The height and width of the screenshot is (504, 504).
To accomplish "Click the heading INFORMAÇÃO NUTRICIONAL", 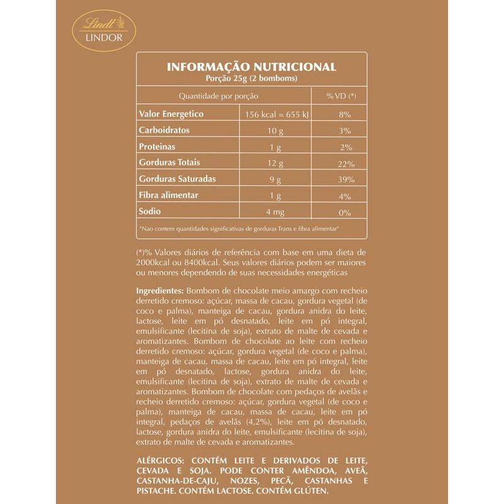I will (251, 67).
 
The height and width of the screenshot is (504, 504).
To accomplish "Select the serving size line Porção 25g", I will (251, 79).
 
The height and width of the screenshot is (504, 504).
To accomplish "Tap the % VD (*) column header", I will (341, 96).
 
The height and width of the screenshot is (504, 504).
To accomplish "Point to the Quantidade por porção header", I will (219, 96).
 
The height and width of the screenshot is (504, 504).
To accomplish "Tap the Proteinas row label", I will (157, 147).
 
